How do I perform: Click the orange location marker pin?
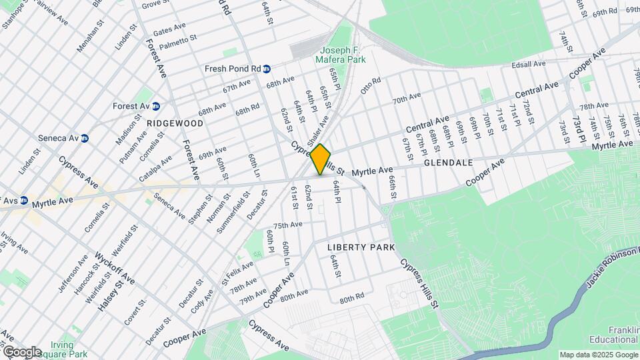(x=320, y=159)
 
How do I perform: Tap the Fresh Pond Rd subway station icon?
(x=267, y=69)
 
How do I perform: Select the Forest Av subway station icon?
(x=155, y=106)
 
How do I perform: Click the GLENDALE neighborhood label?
(x=447, y=162)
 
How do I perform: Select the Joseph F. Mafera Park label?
(x=343, y=55)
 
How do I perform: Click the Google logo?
(x=21, y=351)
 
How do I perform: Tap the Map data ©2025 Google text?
(x=598, y=355)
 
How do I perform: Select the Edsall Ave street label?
(x=528, y=64)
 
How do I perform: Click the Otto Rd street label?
(x=371, y=85)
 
